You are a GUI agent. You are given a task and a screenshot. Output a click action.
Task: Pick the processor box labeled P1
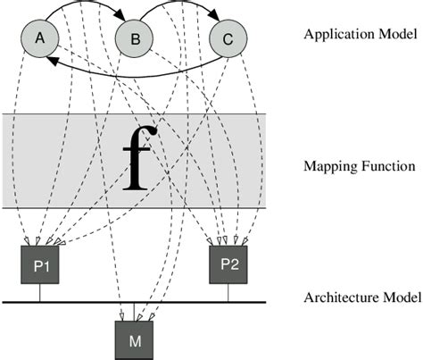click(39, 265)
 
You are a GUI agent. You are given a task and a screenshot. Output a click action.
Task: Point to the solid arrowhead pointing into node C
click(215, 21)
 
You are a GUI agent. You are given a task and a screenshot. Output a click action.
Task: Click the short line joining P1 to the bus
click(39, 293)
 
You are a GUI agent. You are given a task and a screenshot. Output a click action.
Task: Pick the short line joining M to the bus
click(134, 310)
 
